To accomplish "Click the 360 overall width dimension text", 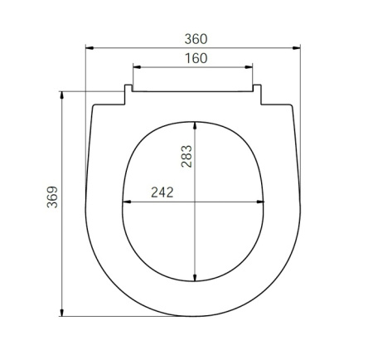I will [x=194, y=39].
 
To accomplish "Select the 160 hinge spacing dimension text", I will [x=194, y=58].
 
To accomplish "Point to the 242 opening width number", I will [x=162, y=192].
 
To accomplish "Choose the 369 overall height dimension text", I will [x=52, y=202].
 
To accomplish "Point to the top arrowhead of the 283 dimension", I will [x=195, y=124].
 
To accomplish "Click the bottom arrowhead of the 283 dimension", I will [x=195, y=279].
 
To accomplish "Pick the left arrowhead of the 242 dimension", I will [x=126, y=202].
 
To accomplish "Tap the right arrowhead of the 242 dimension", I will [x=265, y=202].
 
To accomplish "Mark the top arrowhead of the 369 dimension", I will [x=65, y=94].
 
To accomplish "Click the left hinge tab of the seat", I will [x=128, y=94].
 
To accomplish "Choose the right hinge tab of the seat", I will [x=258, y=94].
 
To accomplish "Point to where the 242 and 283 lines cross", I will [x=195, y=202].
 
